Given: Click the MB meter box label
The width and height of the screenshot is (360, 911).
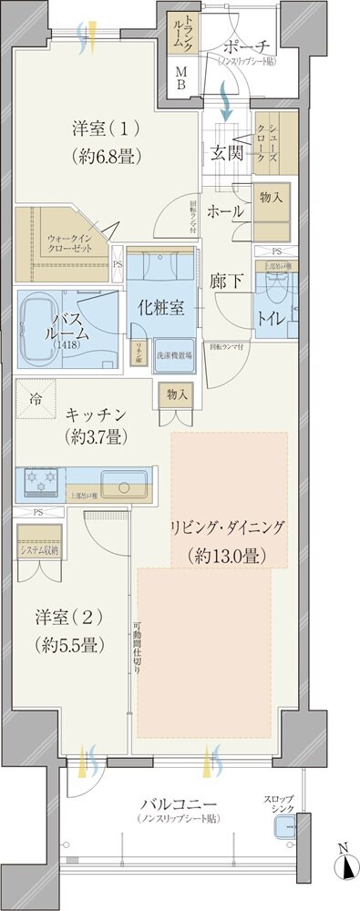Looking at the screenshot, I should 180,80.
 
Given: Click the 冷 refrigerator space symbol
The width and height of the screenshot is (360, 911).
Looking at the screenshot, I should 35,398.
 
